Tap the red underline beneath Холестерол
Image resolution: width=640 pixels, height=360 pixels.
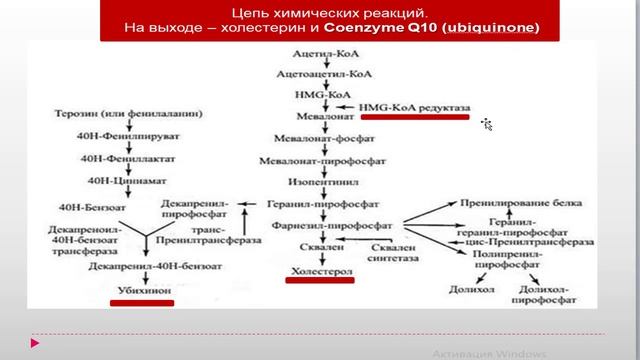[322, 281]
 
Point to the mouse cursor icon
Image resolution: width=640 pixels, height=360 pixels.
[487, 124]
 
